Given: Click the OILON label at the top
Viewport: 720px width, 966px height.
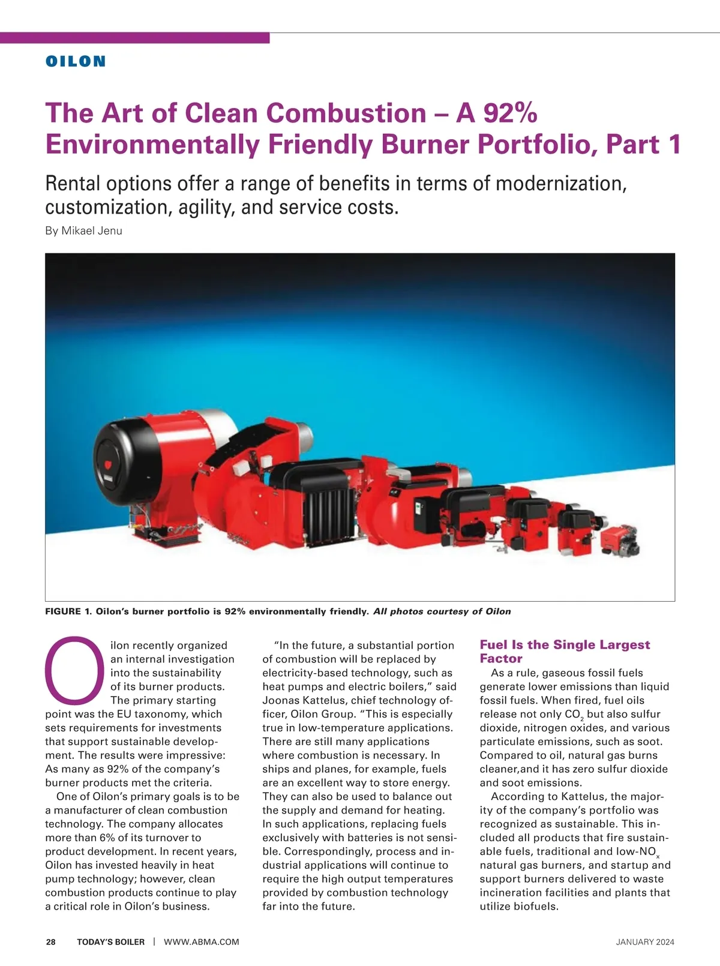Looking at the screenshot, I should tap(76, 61).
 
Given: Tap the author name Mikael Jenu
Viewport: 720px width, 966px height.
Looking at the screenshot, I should tap(92, 231).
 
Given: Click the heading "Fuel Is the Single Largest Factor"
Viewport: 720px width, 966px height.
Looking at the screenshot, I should tap(564, 651).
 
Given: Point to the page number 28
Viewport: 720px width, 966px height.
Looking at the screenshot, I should tap(51, 942).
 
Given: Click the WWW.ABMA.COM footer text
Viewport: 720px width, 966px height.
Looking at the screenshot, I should tap(202, 942).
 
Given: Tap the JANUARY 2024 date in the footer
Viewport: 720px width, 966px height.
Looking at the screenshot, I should tap(645, 942).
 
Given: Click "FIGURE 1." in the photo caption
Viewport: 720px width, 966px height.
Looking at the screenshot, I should tap(68, 611).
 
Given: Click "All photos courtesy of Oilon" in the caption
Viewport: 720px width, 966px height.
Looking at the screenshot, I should tap(442, 611).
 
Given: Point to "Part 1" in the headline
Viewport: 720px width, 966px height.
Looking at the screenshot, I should tap(643, 145).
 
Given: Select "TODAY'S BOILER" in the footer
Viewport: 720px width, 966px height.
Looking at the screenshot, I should tap(110, 942).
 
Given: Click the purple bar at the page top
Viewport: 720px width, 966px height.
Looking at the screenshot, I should tap(134, 38).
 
